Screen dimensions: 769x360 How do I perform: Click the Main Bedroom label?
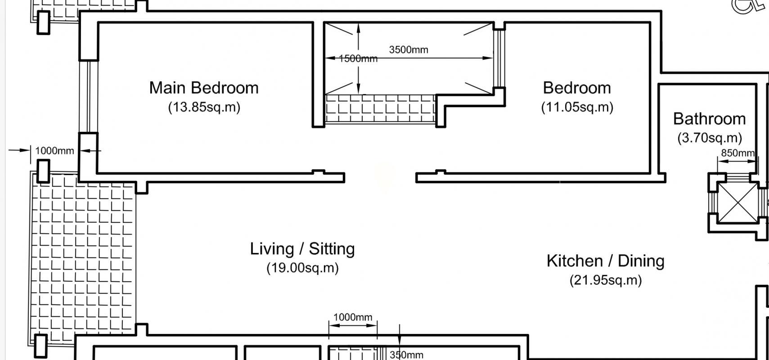tap(204, 88)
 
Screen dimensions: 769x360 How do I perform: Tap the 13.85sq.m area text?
tap(204, 107)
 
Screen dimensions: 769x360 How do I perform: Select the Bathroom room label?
tap(709, 119)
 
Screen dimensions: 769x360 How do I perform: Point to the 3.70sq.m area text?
tap(710, 138)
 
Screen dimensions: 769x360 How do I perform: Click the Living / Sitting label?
tap(302, 249)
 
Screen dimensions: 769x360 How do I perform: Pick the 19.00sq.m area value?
tap(302, 268)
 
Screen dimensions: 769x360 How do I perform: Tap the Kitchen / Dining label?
tap(606, 261)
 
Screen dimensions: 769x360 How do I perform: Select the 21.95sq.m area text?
tap(606, 280)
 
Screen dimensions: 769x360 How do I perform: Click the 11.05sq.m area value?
tap(577, 107)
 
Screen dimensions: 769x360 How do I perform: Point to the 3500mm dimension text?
tap(409, 50)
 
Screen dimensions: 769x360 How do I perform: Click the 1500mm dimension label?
tap(358, 59)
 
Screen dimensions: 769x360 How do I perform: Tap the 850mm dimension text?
tap(738, 153)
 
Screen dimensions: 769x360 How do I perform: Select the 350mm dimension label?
tap(406, 355)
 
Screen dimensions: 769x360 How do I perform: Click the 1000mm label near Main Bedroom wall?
tap(54, 151)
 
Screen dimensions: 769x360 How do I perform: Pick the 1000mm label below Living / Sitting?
tap(353, 317)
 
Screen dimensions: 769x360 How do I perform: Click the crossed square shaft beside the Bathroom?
tap(738, 203)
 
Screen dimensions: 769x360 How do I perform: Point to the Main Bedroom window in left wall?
tap(88, 97)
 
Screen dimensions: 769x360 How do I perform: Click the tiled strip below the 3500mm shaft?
tap(380, 109)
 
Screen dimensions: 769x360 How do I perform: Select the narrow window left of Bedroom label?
tap(499, 58)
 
